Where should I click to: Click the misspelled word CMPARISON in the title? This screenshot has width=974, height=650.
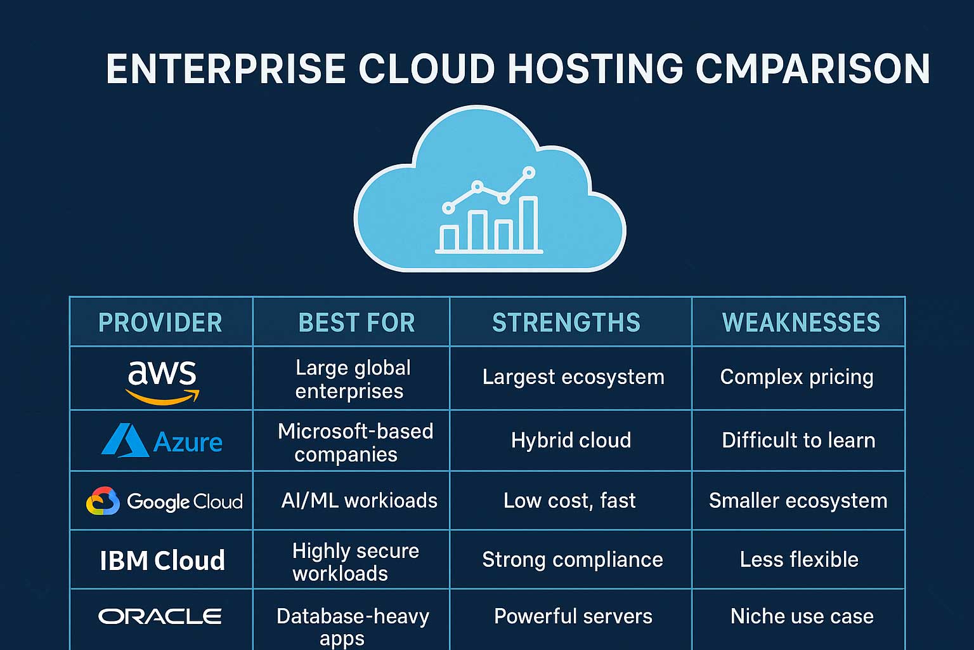(x=812, y=69)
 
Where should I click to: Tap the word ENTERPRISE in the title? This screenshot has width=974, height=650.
(x=226, y=69)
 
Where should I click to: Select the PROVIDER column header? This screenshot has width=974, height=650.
(x=160, y=322)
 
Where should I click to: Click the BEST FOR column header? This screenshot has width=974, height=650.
(x=356, y=322)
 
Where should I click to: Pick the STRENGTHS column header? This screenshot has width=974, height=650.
(x=566, y=322)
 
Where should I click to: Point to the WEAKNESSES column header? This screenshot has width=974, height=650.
(x=801, y=322)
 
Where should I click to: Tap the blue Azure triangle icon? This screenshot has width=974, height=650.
(x=125, y=441)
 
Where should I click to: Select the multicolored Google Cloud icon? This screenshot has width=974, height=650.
(x=103, y=501)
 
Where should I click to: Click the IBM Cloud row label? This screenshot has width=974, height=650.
(x=162, y=560)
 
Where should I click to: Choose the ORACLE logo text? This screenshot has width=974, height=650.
(x=160, y=616)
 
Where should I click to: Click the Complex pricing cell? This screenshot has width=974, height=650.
(x=797, y=377)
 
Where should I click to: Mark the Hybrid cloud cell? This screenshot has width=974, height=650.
(x=571, y=441)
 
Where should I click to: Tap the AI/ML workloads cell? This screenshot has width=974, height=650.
(x=359, y=501)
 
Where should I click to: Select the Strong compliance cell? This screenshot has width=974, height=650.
(x=572, y=560)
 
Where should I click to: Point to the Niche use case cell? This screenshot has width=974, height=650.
(x=802, y=616)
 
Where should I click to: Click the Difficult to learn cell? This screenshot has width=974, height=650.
(x=798, y=441)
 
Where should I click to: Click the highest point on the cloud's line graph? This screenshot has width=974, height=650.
(x=529, y=171)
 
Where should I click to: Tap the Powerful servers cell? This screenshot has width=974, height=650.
(x=573, y=616)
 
